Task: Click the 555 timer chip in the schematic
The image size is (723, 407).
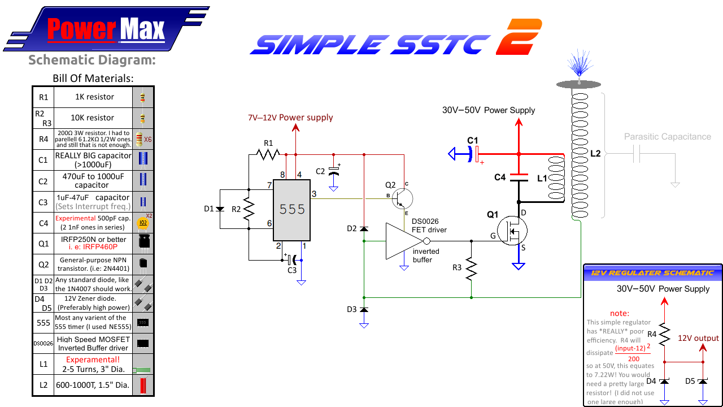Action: click(x=291, y=210)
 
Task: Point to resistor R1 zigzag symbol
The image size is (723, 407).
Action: click(x=268, y=154)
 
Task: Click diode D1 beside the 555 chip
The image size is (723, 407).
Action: click(x=220, y=209)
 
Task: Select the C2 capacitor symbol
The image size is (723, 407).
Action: click(x=334, y=171)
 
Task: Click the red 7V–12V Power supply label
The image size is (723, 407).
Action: click(x=290, y=118)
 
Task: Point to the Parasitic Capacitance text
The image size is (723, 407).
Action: click(x=667, y=137)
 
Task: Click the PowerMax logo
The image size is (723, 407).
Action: click(x=106, y=29)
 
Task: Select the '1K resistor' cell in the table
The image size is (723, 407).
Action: click(x=94, y=97)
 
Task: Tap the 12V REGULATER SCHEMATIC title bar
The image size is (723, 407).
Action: click(x=652, y=272)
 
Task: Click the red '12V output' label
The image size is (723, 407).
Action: click(x=698, y=338)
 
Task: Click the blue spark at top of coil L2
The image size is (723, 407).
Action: click(x=578, y=64)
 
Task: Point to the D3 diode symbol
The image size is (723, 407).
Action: click(x=364, y=310)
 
